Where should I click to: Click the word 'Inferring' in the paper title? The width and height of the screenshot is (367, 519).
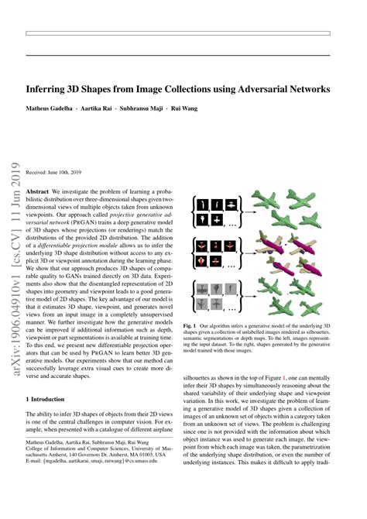point(48,89)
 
